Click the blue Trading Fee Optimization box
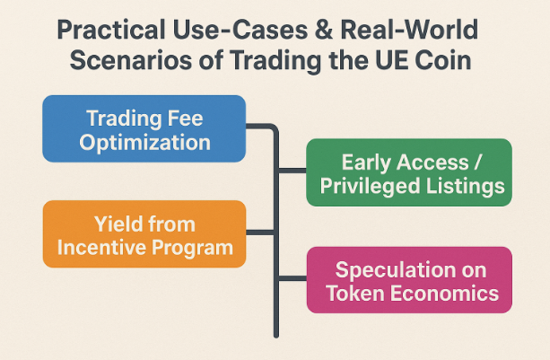coord(144,128)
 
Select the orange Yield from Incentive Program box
coord(144,234)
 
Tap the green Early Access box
coord(409,172)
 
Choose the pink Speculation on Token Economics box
coord(409,280)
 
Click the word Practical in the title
coord(111,30)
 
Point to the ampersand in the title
coord(323,30)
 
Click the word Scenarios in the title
coord(131,60)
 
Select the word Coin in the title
coord(442,60)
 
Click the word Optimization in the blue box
coord(144,143)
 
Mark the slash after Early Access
coord(477,162)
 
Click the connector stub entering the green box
coord(292,171)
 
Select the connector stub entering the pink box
coord(292,278)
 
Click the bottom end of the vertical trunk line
coord(276,336)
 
